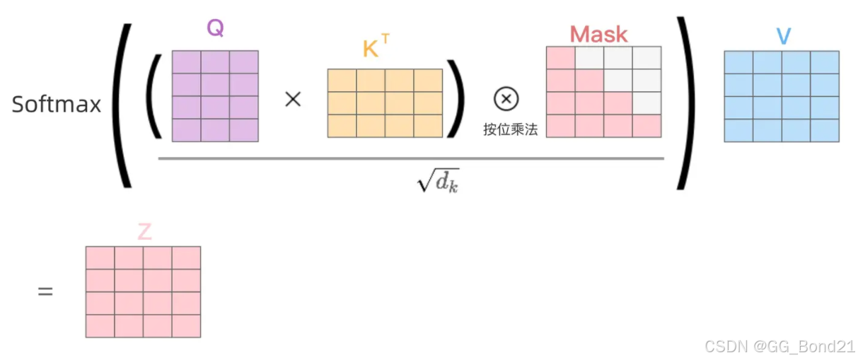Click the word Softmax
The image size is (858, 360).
pos(57,104)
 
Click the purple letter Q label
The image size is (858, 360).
pos(215,28)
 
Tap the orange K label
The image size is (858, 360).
pos(371,49)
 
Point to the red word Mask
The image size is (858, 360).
pos(598,34)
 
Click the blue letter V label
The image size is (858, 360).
pos(783,36)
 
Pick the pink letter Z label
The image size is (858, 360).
pos(144,232)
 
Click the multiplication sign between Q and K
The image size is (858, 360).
pos(292,99)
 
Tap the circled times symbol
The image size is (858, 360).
pos(506,99)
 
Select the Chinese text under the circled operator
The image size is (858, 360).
pos(507,129)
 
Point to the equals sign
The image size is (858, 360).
pos(45,291)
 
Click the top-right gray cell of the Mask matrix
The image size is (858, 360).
pos(647,58)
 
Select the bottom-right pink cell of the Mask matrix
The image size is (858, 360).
pos(647,126)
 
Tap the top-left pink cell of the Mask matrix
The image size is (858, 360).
pos(560,58)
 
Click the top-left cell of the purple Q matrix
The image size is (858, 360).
pos(186,62)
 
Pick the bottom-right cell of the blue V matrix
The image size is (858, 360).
pos(825,130)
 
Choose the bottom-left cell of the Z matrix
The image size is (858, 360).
pos(100,325)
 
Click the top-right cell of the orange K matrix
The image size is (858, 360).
pos(428,80)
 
